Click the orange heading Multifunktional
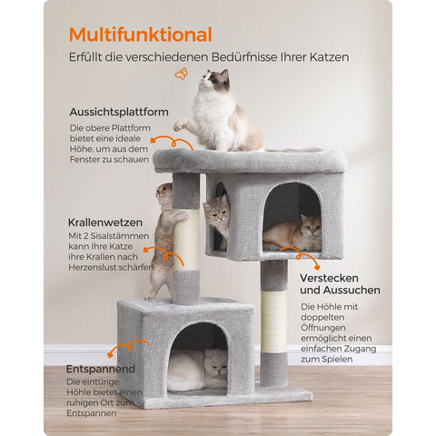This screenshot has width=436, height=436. [x=141, y=35]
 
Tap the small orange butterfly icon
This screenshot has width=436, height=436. [x=182, y=74]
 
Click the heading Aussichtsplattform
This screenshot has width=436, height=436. [x=118, y=112]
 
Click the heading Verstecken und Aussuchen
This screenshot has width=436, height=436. [x=340, y=283]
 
